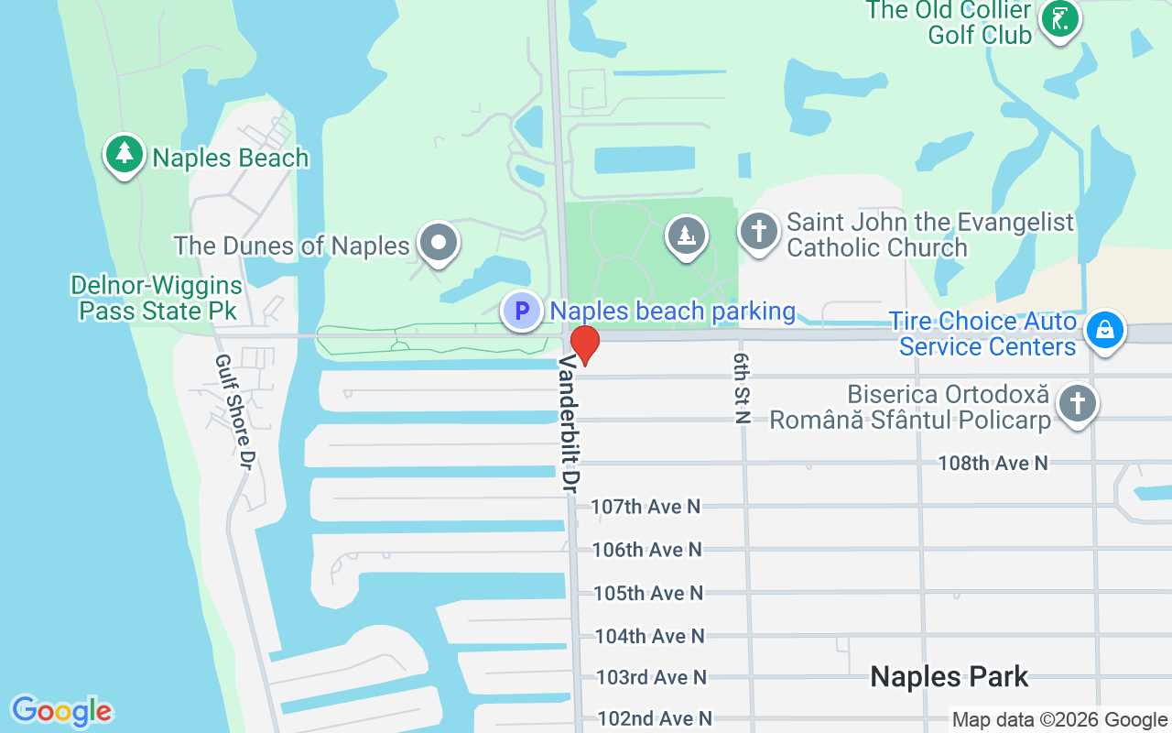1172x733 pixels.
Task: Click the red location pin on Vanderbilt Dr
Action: pyautogui.click(x=584, y=345)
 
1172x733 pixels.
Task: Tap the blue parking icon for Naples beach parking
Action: pyautogui.click(x=521, y=311)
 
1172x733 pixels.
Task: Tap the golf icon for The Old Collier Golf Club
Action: pyautogui.click(x=1059, y=19)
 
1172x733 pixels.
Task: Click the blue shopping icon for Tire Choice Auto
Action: pyautogui.click(x=1104, y=332)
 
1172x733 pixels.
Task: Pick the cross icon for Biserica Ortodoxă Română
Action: pyautogui.click(x=1077, y=404)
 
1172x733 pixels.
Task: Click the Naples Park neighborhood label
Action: pyautogui.click(x=949, y=677)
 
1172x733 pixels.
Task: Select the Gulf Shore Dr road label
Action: pyautogui.click(x=233, y=408)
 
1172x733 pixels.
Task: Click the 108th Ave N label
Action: pyautogui.click(x=993, y=464)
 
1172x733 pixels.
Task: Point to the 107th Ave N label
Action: pyautogui.click(x=646, y=506)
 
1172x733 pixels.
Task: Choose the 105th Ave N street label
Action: pyautogui.click(x=648, y=593)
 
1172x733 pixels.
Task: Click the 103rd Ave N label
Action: pyautogui.click(x=651, y=677)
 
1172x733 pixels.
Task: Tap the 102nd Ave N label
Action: pyautogui.click(x=655, y=718)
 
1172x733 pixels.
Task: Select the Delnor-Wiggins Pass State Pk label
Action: pyautogui.click(x=157, y=299)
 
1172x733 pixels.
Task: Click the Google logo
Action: pyautogui.click(x=62, y=711)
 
